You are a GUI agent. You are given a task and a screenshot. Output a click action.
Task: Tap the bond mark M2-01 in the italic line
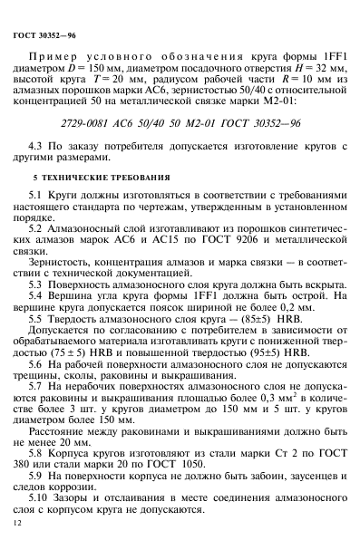point(210,146)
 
